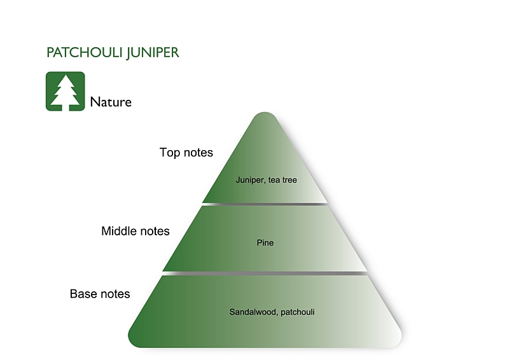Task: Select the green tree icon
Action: pyautogui.click(x=65, y=91)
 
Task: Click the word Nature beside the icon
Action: pyautogui.click(x=111, y=102)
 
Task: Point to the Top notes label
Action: pyautogui.click(x=186, y=153)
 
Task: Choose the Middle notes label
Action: pyautogui.click(x=136, y=231)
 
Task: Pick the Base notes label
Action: pyautogui.click(x=100, y=294)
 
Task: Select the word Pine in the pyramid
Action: pyautogui.click(x=265, y=242)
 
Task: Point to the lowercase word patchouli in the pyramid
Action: pyautogui.click(x=297, y=312)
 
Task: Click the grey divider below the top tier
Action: pyautogui.click(x=265, y=204)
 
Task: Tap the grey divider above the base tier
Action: pyautogui.click(x=265, y=273)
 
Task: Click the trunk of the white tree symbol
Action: pyautogui.click(x=65, y=106)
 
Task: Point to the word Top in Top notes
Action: pyautogui.click(x=170, y=153)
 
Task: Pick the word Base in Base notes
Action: pyautogui.click(x=83, y=294)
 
